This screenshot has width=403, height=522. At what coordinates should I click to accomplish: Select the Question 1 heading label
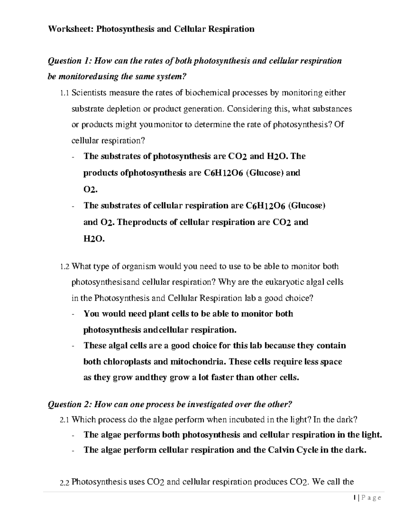click(x=70, y=61)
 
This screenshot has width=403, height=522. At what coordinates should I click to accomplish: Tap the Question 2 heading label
click(x=70, y=404)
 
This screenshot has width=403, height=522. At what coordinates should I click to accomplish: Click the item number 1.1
click(x=64, y=93)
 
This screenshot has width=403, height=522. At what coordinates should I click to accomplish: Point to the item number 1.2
click(x=64, y=267)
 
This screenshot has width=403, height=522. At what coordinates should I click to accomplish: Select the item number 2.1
click(x=64, y=420)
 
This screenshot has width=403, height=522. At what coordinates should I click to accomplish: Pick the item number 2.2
click(x=64, y=483)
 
